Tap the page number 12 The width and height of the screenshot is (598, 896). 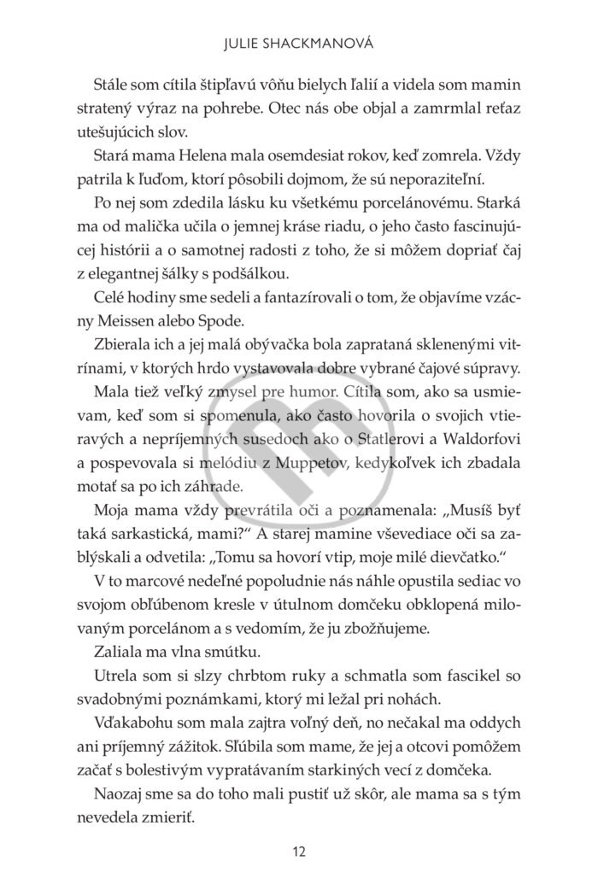(x=298, y=852)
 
